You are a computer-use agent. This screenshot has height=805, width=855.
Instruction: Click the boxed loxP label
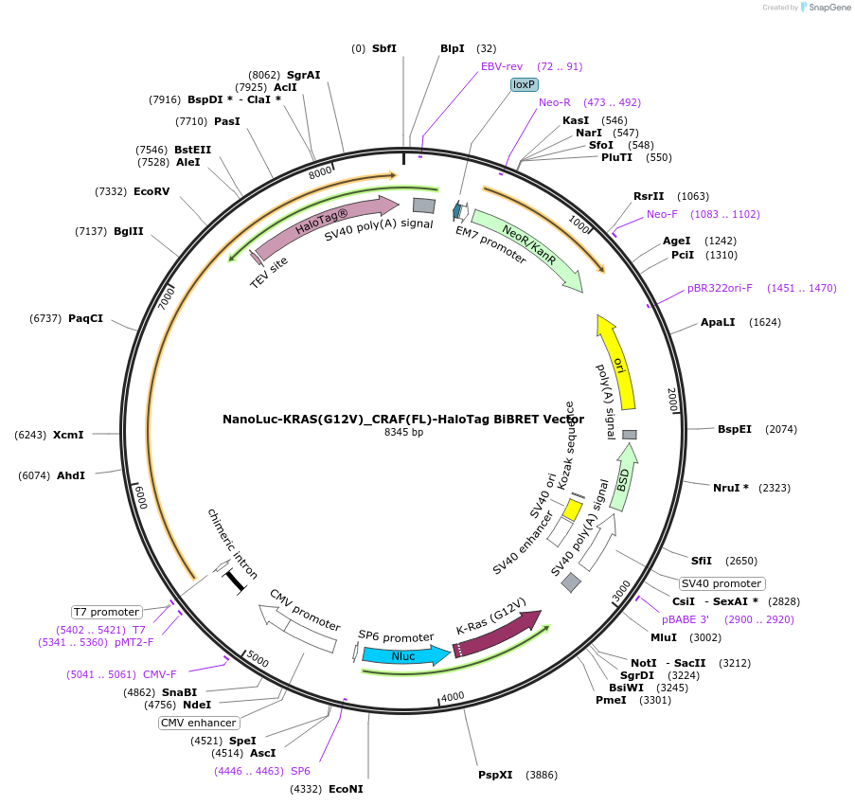point(524,84)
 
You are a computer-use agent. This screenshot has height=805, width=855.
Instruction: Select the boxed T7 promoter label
point(107,612)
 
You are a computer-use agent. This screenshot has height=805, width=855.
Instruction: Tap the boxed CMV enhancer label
point(198,723)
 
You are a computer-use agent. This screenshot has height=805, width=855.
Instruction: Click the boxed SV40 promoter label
point(721,583)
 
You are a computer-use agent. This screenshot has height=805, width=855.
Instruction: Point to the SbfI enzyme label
point(384,48)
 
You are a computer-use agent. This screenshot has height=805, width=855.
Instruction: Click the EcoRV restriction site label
point(151,191)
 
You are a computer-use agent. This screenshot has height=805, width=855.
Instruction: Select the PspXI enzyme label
point(495,775)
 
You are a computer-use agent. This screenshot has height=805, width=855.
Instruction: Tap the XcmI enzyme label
point(68,435)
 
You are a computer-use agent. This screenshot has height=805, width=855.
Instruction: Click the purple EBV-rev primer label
point(502,66)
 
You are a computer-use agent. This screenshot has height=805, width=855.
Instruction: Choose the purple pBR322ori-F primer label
point(720,288)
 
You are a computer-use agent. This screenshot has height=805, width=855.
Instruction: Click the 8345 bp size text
point(403,432)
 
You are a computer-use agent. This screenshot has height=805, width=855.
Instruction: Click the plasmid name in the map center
point(403,419)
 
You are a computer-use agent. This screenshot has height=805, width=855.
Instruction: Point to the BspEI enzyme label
point(735,429)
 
